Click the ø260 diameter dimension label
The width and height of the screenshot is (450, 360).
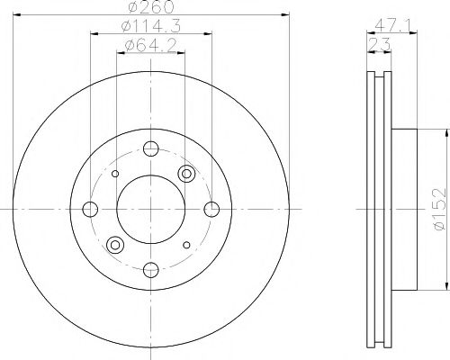pos(151,6)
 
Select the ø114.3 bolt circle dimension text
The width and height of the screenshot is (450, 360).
pos(151,26)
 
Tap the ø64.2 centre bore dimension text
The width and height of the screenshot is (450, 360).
pos(150,46)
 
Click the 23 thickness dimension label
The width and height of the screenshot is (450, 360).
pos(379,45)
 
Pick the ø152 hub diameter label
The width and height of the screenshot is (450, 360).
pos(440,209)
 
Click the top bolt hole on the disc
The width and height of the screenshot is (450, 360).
pos(151,148)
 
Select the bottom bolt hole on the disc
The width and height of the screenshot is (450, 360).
pos(151,270)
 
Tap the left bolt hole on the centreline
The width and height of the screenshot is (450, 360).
pos(90,209)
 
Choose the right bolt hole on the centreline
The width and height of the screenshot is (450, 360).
pos(211,209)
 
